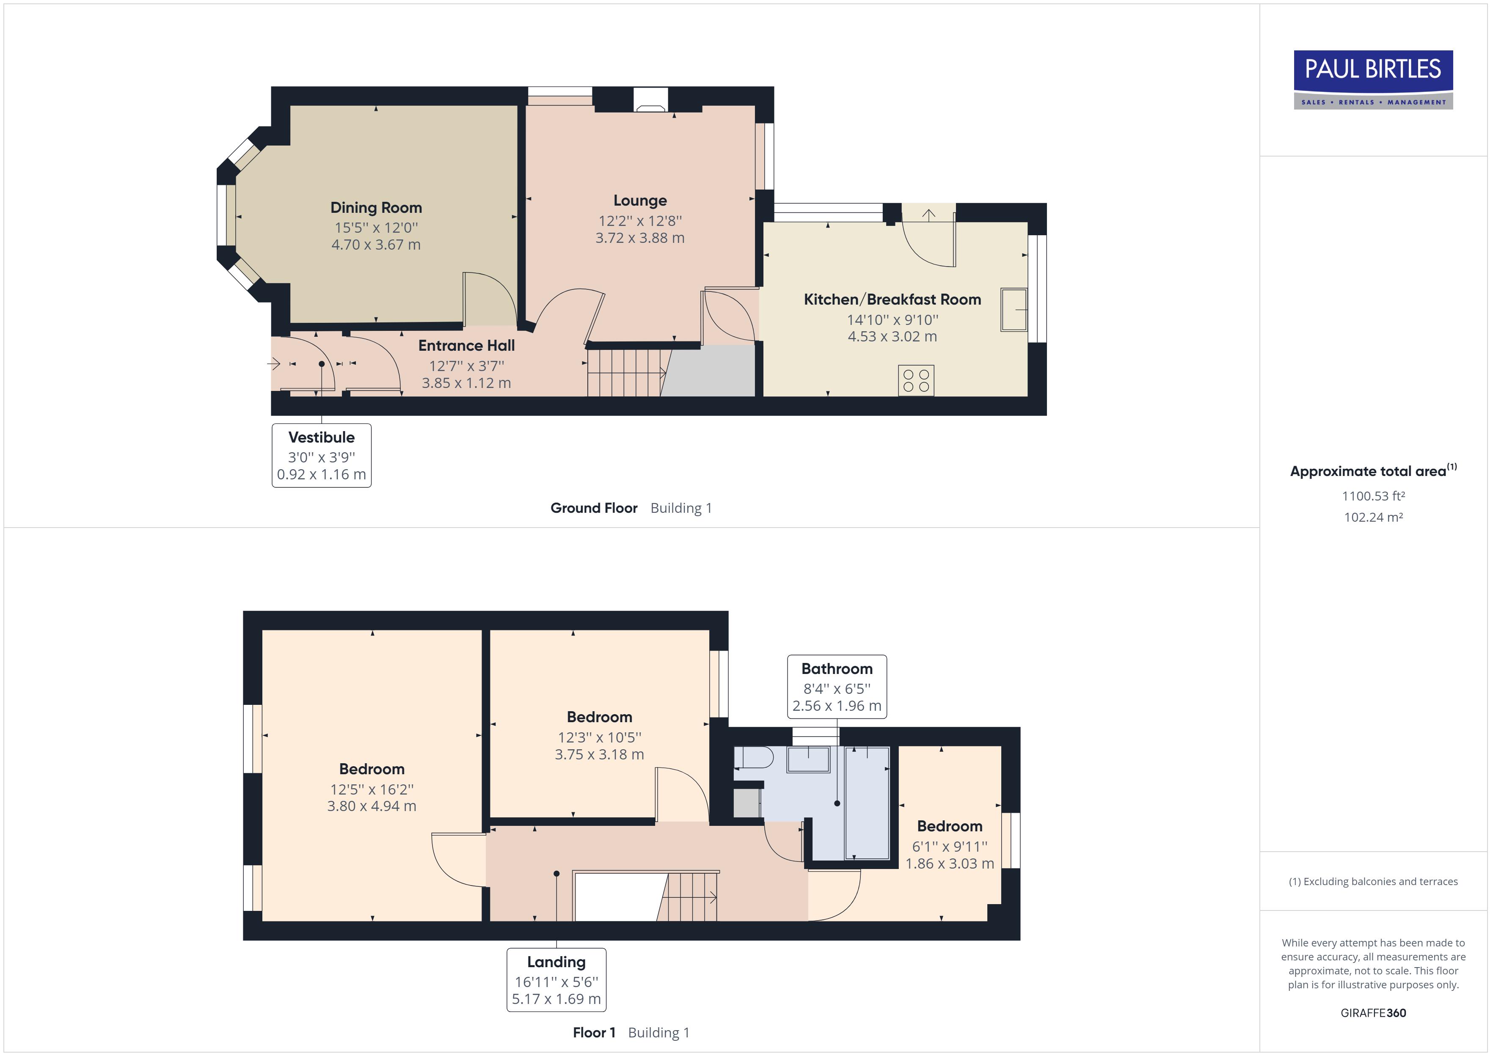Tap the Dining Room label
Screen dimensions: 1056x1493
(376, 207)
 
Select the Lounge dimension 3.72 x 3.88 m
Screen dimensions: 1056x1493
(640, 238)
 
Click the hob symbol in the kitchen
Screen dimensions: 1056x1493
(916, 380)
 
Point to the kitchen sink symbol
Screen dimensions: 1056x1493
(1013, 310)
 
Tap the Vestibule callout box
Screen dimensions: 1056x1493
(321, 455)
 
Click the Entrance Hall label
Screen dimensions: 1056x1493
(466, 345)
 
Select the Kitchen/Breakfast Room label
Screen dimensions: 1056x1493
(892, 299)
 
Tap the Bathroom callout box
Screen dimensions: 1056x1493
(837, 687)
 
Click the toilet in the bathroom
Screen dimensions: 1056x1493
(754, 758)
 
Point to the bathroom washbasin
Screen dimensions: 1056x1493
(808, 759)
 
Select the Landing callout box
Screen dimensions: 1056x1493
(556, 980)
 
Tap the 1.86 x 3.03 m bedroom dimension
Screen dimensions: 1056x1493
(949, 863)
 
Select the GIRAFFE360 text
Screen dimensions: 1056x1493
(1373, 1012)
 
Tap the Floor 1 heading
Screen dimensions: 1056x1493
(594, 1033)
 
